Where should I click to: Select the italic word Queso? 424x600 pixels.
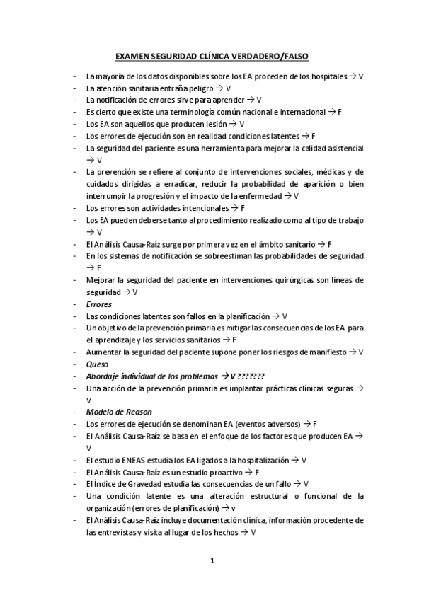click(98, 364)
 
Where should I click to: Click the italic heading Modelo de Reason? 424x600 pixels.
click(119, 412)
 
